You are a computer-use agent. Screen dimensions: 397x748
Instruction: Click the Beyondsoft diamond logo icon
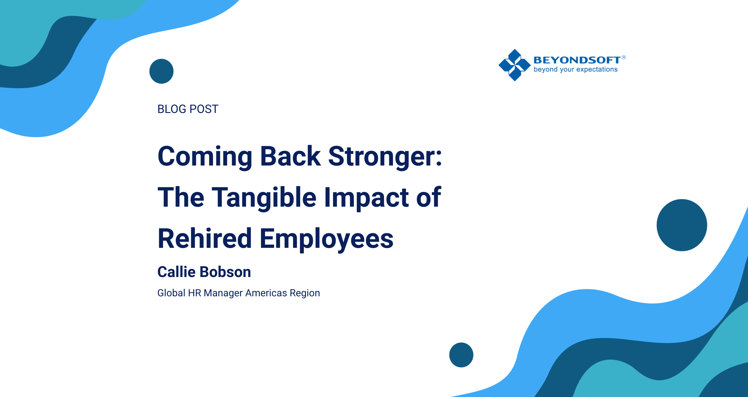pos(514,65)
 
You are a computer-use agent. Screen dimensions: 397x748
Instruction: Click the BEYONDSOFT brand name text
pos(577,60)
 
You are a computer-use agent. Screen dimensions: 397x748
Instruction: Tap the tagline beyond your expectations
pos(575,69)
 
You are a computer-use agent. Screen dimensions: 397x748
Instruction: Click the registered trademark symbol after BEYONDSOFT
pos(624,57)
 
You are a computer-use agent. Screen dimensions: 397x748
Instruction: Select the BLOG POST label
pos(188,109)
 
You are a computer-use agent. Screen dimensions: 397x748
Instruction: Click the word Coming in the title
pos(205,157)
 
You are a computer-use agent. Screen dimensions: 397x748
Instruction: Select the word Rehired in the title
pos(205,239)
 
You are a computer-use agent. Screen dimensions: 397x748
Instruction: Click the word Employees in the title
pos(326,239)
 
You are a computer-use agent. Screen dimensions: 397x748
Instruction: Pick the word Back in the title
pos(290,157)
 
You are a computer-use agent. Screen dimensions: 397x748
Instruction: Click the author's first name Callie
pos(176,272)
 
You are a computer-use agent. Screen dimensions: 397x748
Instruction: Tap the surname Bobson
pos(226,272)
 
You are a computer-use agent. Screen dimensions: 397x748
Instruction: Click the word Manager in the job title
pos(223,293)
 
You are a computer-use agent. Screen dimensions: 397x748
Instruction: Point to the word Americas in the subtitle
pos(266,293)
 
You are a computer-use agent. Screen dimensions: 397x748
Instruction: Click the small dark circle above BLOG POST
pos(161,71)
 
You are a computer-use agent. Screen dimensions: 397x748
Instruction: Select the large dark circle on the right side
pos(682,225)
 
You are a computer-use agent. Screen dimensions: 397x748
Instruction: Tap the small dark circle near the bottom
pos(461,355)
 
